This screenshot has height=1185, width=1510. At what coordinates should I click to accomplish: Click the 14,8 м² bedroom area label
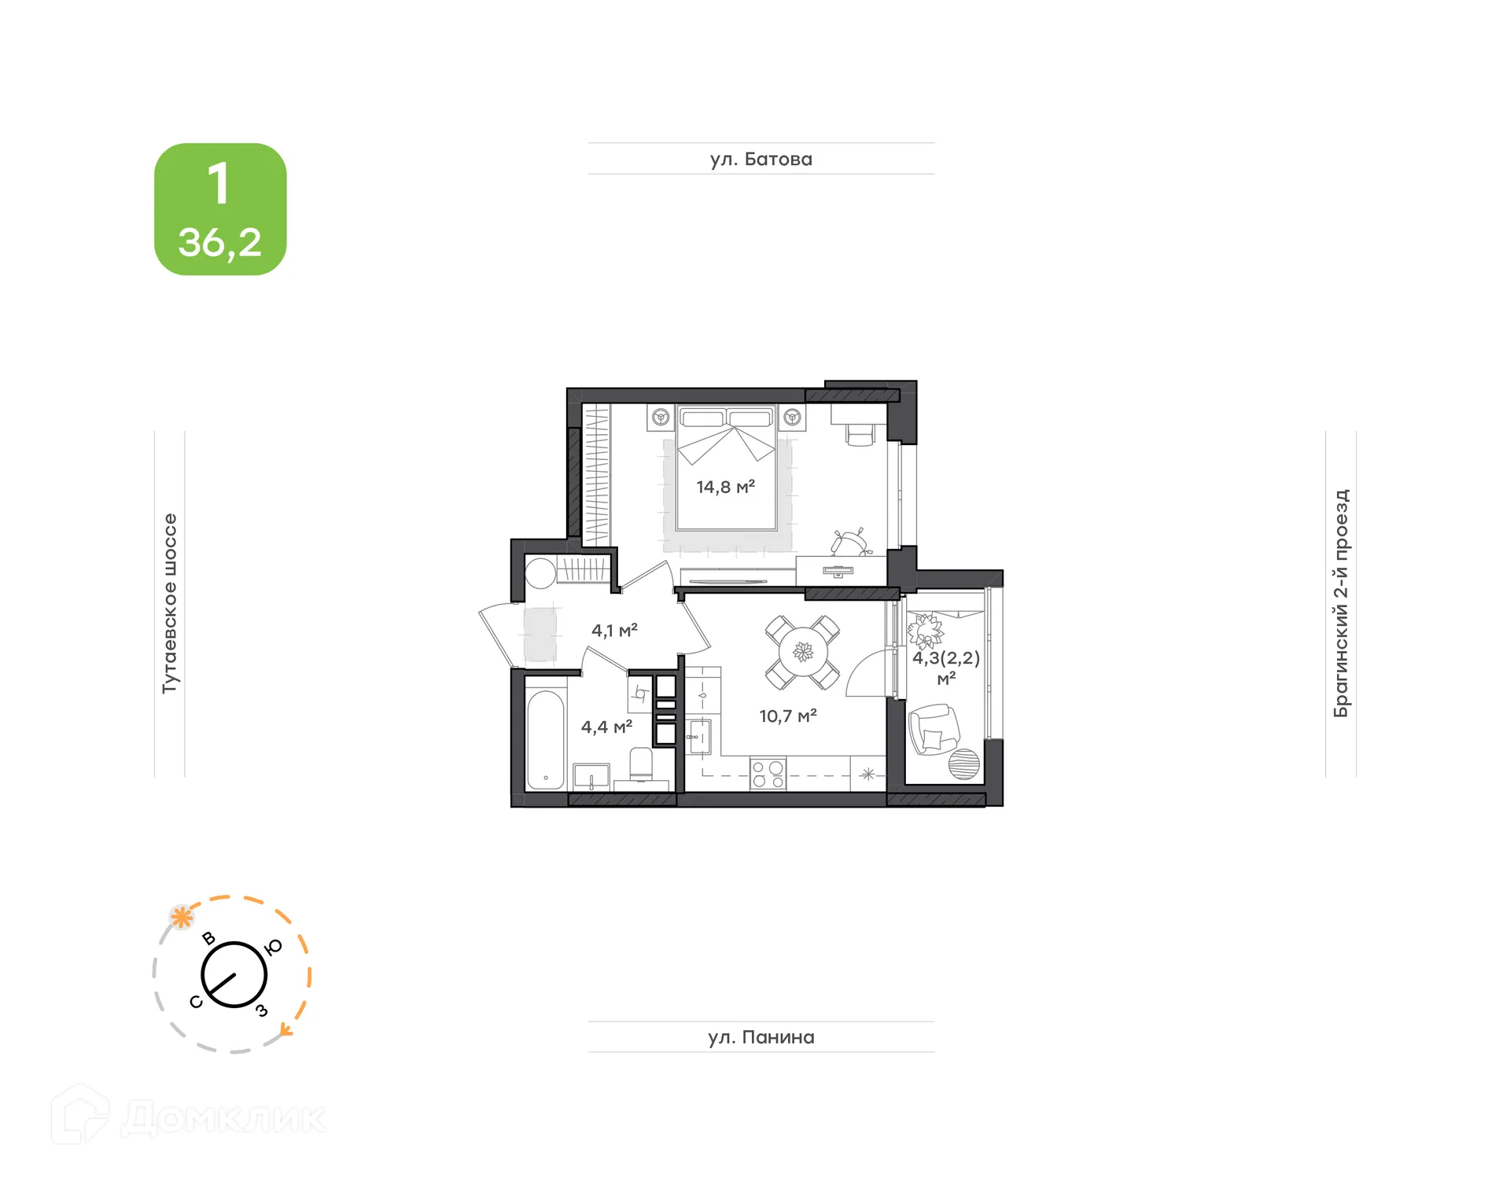coord(725,487)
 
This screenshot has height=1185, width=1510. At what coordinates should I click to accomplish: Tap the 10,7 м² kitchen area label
coord(787,716)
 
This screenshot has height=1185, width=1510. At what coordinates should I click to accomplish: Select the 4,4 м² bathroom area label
coord(606,727)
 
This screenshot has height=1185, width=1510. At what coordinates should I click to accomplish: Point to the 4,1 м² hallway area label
coord(614,630)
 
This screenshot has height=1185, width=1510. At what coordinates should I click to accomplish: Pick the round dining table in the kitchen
coord(803,652)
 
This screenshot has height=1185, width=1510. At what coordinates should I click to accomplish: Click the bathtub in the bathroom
coord(545,738)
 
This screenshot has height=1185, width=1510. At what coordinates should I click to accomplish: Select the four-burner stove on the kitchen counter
coord(768,773)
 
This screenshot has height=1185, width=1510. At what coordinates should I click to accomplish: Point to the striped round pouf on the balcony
coord(964,764)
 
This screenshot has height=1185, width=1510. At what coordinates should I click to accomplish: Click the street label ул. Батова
coord(761,159)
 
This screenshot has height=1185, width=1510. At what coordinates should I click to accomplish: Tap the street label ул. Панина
coord(761,1037)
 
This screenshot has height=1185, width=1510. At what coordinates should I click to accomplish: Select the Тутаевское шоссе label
coord(170,603)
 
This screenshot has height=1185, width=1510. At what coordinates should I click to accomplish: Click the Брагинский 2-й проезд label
coord(1341,603)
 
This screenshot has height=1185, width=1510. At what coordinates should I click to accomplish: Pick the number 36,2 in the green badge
coord(219,242)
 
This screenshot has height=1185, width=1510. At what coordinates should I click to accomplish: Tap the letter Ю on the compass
coord(273,948)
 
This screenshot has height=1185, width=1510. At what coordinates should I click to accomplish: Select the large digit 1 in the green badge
coord(219,184)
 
